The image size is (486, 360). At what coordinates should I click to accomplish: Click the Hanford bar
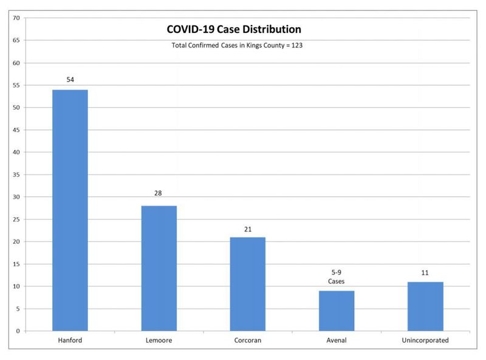click(70, 210)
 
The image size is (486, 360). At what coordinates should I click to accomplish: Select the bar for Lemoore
click(159, 268)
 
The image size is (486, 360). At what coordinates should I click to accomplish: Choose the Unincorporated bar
click(425, 306)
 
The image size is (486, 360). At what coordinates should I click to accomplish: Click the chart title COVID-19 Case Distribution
click(234, 29)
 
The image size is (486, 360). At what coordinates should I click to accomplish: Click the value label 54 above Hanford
click(70, 80)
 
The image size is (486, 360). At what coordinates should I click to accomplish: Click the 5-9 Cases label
click(336, 277)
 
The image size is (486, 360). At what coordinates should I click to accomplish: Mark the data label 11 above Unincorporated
click(425, 272)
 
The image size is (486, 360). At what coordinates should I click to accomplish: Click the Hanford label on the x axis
click(70, 341)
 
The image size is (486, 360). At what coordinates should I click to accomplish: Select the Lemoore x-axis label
click(159, 341)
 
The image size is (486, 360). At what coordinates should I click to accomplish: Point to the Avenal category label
click(336, 341)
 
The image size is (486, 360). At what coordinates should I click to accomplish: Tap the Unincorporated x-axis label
click(425, 341)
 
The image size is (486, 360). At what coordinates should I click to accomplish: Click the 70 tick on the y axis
click(17, 18)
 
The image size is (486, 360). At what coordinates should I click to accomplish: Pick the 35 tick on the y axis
click(17, 175)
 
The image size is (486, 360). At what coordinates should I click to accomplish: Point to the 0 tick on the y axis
click(19, 331)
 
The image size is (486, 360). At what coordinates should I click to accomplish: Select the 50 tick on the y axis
click(17, 108)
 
